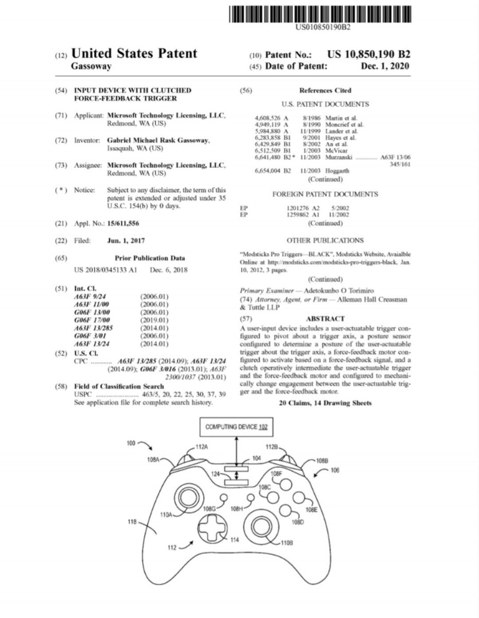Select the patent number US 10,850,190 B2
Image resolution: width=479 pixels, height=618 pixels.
(368, 54)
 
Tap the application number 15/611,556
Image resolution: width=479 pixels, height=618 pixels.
(123, 223)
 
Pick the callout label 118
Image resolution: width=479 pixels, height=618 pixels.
(133, 522)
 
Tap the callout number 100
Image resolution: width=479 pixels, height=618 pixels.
(133, 442)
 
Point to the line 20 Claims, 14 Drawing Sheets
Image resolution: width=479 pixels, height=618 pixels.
(325, 403)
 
